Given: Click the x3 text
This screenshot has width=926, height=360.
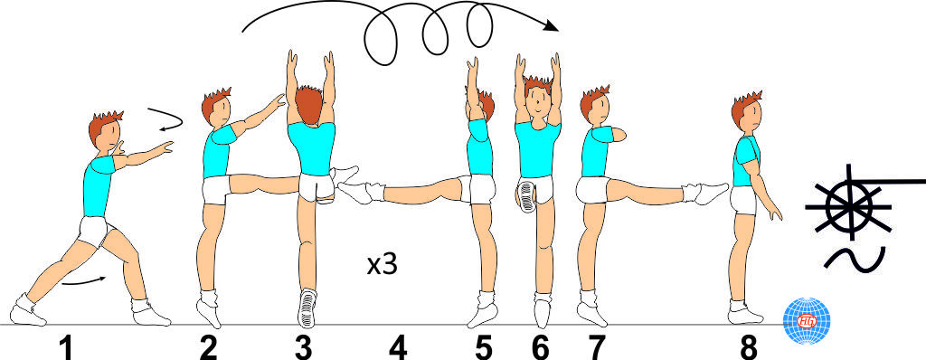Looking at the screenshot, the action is (x=383, y=265).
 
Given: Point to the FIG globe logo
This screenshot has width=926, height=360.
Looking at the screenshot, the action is (x=806, y=320).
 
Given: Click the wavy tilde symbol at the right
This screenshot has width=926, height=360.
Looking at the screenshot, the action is (x=855, y=261).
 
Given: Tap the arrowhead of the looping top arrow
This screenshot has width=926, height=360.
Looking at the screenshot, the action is (x=551, y=25).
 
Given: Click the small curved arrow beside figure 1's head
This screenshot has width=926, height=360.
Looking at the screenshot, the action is (x=166, y=118).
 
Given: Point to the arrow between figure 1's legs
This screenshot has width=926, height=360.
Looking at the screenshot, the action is (x=84, y=281).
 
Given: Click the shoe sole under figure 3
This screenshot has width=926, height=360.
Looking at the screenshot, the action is (x=307, y=308).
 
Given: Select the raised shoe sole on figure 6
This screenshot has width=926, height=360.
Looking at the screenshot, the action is (x=525, y=194).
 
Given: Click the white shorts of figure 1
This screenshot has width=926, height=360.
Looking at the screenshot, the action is (x=94, y=232).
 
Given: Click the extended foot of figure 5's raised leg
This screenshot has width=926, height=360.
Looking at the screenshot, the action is (x=360, y=192).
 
